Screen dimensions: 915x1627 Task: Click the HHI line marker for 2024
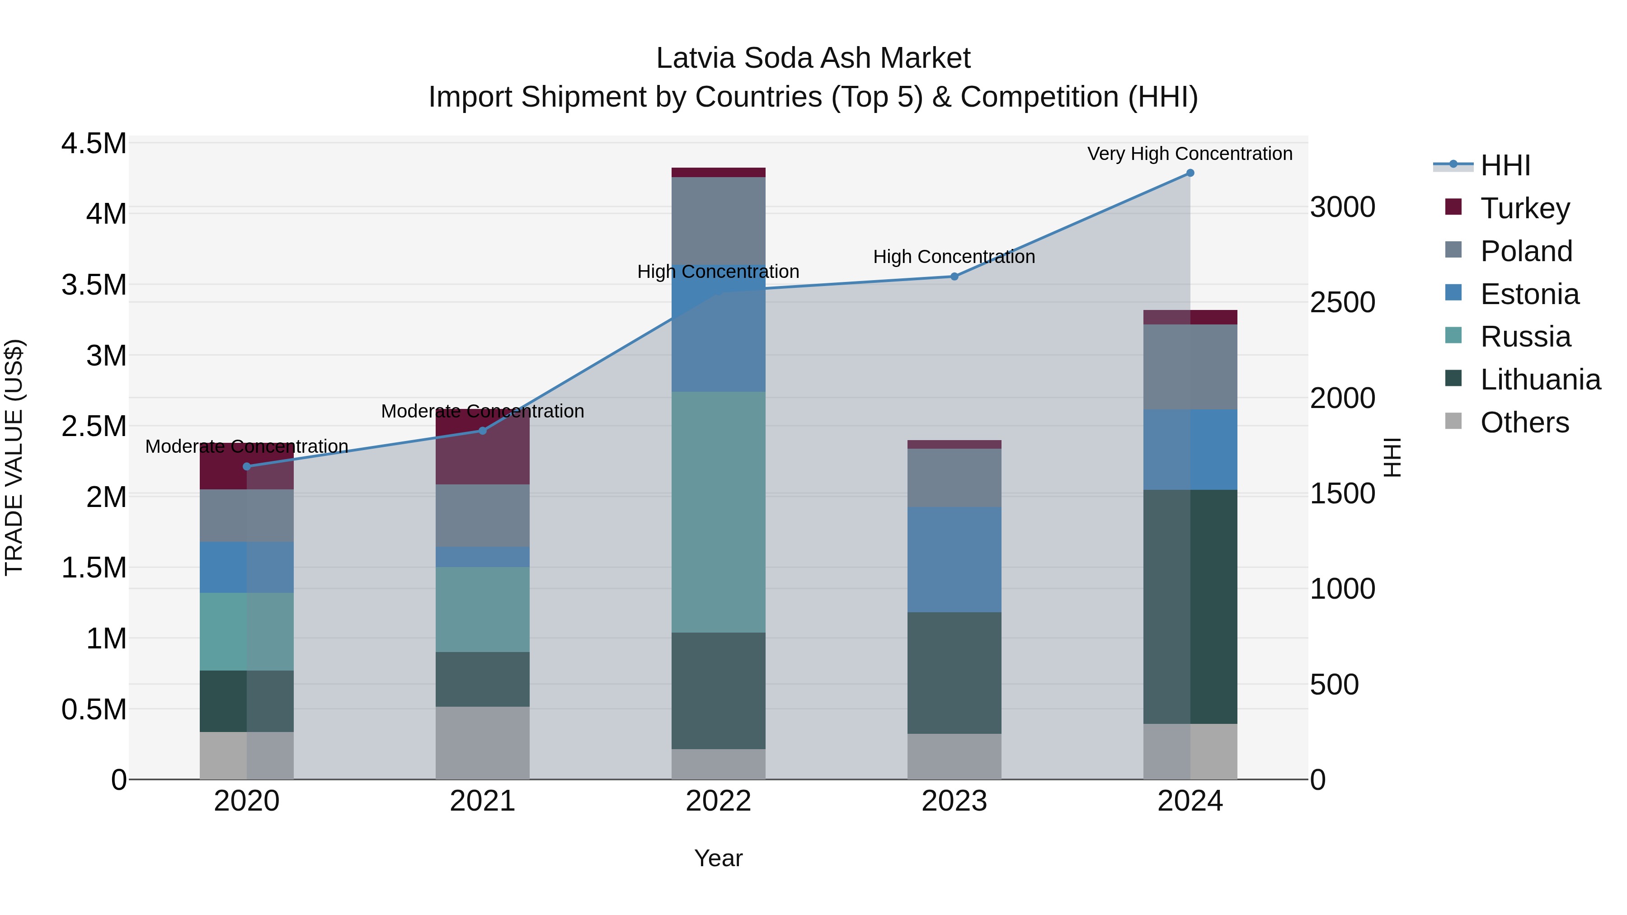coord(1190,173)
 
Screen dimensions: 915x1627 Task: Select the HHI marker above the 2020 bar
coord(247,467)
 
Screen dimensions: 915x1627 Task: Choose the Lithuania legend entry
coord(1540,380)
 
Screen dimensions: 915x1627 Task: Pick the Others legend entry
coord(1524,422)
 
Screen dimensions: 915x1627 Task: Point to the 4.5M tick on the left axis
coord(94,143)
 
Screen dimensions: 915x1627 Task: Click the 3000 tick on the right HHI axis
coord(1342,207)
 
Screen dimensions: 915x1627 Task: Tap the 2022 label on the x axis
coord(718,801)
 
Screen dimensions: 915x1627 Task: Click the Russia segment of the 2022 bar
coord(718,511)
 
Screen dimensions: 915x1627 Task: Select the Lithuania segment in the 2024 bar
coord(1190,606)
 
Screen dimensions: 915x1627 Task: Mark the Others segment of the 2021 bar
coord(483,742)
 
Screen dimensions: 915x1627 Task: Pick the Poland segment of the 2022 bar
coord(718,221)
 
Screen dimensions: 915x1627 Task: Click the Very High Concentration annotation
coord(1190,154)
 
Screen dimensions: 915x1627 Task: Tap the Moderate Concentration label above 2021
coord(483,411)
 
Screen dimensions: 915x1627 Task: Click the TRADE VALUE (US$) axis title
coord(14,457)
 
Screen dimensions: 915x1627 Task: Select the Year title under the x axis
coord(718,858)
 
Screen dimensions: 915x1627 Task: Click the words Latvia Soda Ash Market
coord(813,58)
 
